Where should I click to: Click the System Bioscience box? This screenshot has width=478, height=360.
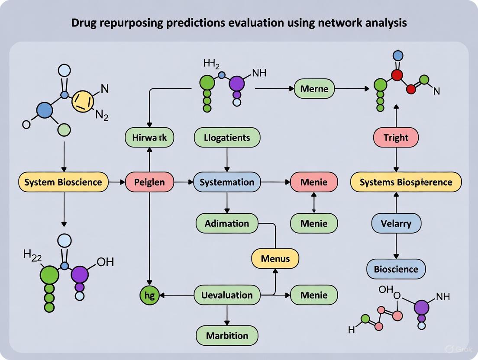(63, 182)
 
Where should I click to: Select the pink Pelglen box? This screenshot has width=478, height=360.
(149, 182)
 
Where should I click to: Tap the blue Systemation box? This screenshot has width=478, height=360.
(227, 182)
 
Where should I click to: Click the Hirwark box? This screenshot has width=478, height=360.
(150, 138)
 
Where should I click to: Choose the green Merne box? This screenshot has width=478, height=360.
(314, 89)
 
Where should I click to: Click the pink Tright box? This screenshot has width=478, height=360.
(396, 138)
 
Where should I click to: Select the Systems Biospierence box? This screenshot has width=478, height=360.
(406, 182)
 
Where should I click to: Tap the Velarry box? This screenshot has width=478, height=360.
(396, 224)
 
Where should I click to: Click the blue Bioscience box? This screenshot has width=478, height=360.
(396, 269)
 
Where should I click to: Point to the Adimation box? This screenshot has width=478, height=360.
(227, 224)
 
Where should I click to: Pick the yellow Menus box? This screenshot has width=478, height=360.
(276, 259)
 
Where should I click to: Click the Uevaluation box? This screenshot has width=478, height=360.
(227, 296)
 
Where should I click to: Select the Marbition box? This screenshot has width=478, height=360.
(227, 336)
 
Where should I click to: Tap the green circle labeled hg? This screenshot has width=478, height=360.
(150, 296)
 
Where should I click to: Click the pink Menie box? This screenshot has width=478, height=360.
(314, 182)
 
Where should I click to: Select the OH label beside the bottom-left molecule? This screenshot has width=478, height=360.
(105, 262)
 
